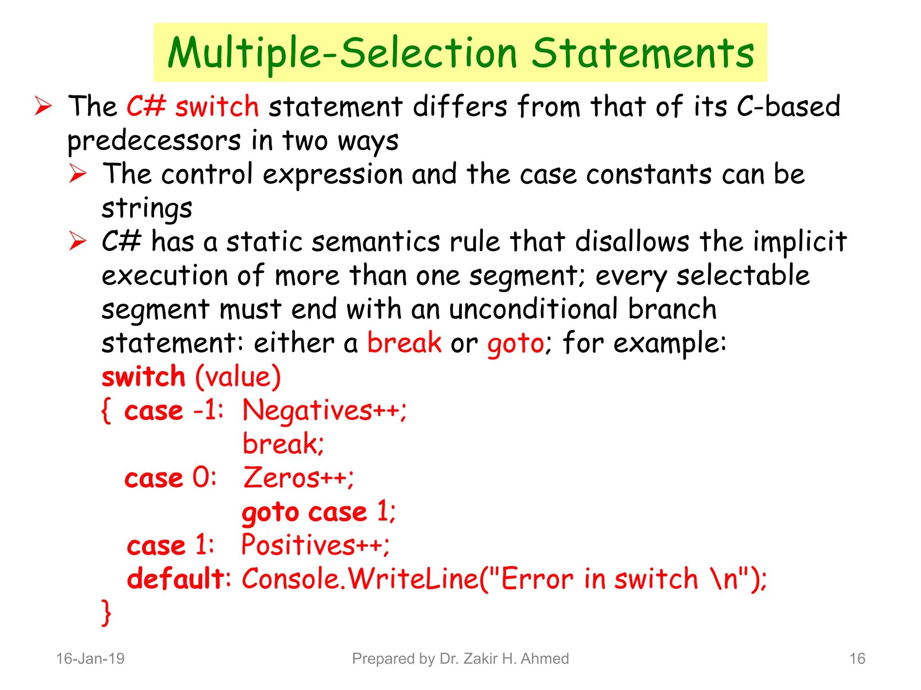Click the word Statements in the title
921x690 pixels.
pos(643,54)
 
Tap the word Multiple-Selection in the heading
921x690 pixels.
pos(342,54)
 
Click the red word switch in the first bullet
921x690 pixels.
pos(217,107)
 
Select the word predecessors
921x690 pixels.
pos(154,141)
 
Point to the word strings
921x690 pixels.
pos(147,208)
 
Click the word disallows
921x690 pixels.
pos(632,242)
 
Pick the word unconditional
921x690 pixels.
pos(533,309)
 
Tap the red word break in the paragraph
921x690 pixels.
pos(404,343)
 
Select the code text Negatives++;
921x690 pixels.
pos(324,411)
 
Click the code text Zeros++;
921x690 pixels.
pos(298,478)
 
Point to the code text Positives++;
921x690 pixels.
pos(315,545)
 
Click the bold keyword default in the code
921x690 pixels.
pos(176,579)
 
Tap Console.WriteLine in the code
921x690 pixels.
pos(360,579)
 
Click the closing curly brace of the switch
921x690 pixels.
pos(106,612)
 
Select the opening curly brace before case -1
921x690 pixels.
pos(106,411)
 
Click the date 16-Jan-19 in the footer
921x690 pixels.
pos(90,659)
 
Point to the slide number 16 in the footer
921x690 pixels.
pos(857,659)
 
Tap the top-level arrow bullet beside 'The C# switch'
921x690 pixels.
pos(44,107)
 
